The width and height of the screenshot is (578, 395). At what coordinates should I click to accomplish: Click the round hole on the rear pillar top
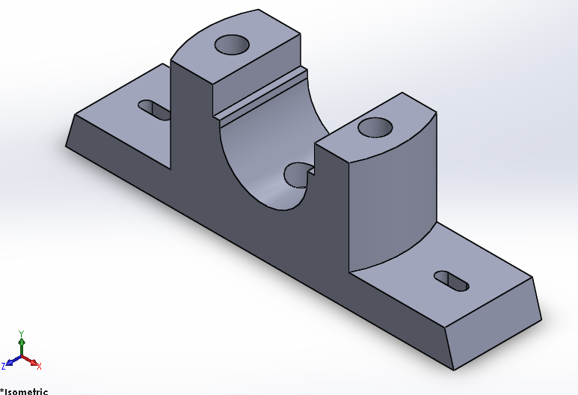tap(232, 45)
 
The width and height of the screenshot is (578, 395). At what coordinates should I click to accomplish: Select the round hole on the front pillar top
tap(376, 127)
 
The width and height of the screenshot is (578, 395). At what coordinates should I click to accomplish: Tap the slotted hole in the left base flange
tap(154, 110)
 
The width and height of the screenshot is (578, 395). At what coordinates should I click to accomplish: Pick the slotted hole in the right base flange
tap(452, 281)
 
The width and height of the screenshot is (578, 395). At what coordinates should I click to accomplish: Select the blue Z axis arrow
tap(11, 362)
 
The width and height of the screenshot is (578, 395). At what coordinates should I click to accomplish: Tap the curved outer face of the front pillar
tap(393, 202)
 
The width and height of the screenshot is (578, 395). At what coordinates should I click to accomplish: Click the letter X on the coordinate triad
tap(39, 367)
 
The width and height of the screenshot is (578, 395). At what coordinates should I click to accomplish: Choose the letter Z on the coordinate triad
tap(4, 366)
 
